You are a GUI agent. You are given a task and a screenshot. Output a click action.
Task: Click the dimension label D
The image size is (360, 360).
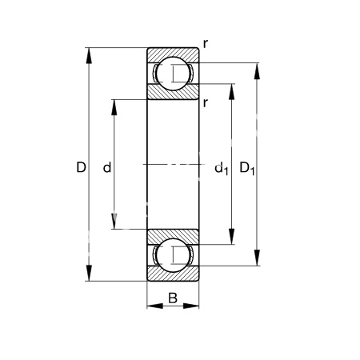[81, 167]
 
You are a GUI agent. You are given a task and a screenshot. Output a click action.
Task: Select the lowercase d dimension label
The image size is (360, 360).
[107, 167]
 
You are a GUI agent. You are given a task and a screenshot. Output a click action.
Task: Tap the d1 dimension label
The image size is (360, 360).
[222, 169]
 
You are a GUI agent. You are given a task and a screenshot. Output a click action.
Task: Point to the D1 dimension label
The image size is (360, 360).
[247, 169]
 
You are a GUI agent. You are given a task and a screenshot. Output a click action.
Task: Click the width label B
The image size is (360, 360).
[173, 298]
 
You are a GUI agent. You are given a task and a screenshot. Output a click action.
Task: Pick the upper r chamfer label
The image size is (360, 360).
[205, 44]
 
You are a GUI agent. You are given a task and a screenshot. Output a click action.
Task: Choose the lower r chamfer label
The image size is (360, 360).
[205, 102]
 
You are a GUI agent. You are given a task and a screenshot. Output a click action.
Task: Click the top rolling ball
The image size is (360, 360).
[173, 74]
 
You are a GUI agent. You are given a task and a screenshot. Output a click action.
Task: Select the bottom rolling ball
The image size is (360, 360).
[173, 255]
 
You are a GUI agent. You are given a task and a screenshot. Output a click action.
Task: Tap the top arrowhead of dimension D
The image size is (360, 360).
[89, 55]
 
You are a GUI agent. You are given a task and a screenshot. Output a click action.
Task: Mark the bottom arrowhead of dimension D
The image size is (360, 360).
[89, 273]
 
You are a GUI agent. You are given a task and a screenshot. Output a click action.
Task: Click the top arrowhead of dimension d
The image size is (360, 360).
[114, 107]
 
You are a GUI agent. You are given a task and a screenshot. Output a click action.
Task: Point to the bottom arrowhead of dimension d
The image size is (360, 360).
[114, 222]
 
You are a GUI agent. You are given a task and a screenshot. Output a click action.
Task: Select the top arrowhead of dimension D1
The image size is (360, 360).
[257, 71]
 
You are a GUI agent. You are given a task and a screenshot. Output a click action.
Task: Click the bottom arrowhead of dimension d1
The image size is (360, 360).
[232, 236]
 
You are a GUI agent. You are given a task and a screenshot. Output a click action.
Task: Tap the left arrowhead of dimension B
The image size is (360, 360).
[155, 306]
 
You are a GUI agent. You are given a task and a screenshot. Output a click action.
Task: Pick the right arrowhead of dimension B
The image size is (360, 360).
[191, 306]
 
